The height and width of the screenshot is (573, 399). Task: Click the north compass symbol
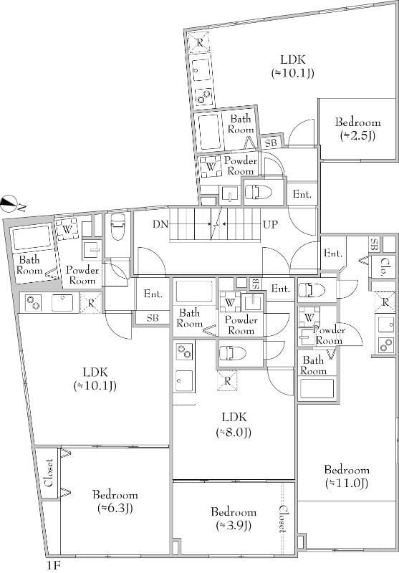pyautogui.click(x=10, y=204)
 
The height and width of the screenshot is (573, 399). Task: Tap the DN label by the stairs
pyautogui.click(x=160, y=224)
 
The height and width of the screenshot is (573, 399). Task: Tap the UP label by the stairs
pyautogui.click(x=270, y=224)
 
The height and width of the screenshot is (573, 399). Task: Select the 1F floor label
pyautogui.click(x=53, y=566)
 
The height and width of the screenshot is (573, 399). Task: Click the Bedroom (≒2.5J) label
pyautogui.click(x=358, y=129)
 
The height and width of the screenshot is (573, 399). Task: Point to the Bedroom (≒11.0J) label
pyautogui.click(x=347, y=476)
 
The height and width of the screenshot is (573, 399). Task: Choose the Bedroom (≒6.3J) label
pyautogui.click(x=115, y=501)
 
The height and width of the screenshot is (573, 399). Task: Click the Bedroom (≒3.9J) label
pyautogui.click(x=234, y=519)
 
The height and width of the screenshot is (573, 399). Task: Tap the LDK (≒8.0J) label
pyautogui.click(x=234, y=425)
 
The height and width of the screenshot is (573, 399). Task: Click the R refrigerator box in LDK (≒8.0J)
pyautogui.click(x=227, y=381)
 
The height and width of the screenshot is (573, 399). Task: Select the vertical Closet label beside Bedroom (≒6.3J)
pyautogui.click(x=49, y=473)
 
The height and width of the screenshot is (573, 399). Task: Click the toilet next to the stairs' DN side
pyautogui.click(x=117, y=227)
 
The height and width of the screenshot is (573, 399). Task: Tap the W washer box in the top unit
pyautogui.click(x=211, y=167)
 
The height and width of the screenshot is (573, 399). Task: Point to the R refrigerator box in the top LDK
pyautogui.click(x=199, y=42)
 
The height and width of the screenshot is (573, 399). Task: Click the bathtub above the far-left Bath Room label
pyautogui.click(x=32, y=238)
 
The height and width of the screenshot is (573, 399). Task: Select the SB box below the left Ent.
pyautogui.click(x=153, y=318)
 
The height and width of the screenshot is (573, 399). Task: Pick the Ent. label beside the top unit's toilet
pyautogui.click(x=302, y=194)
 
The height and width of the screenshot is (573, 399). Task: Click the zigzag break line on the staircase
pyautogui.click(x=216, y=224)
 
